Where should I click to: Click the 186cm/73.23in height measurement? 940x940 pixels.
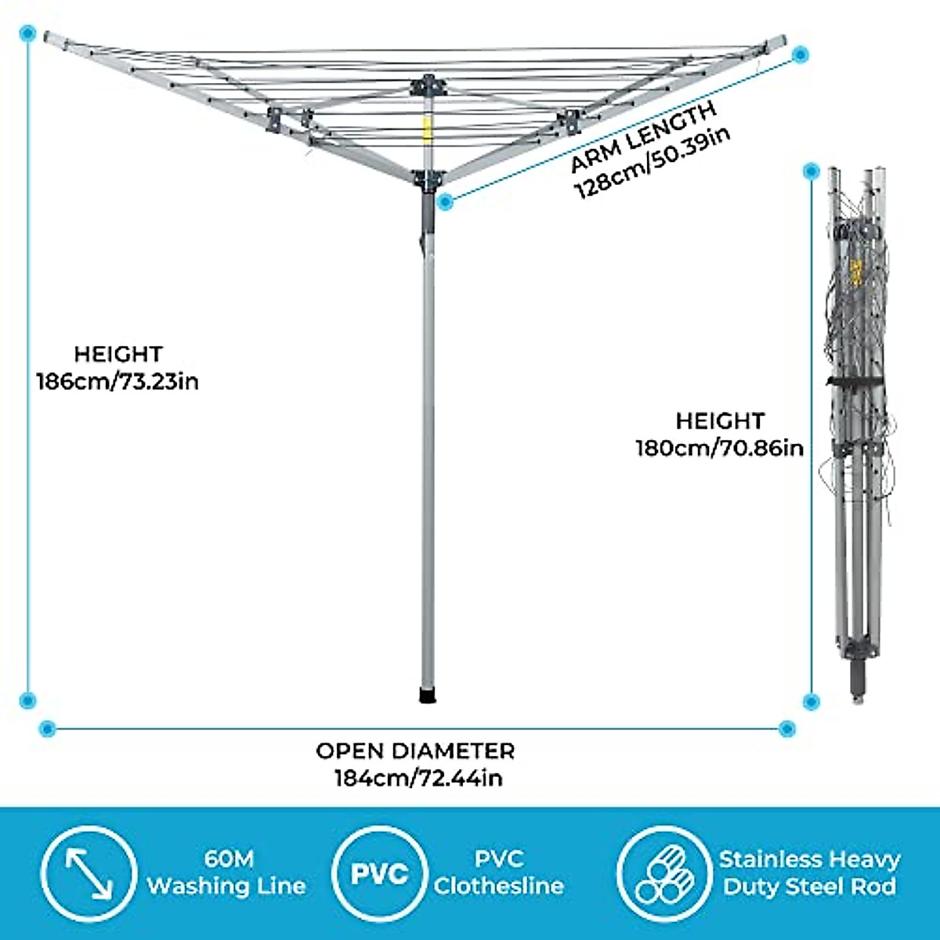[x=117, y=382]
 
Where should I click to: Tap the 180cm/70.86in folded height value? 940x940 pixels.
[x=719, y=448]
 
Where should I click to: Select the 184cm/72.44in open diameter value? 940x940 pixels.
[x=418, y=778]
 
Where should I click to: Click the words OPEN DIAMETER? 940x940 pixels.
[x=415, y=751]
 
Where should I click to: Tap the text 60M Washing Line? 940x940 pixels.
[x=227, y=873]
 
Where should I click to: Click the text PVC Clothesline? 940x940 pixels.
[x=499, y=873]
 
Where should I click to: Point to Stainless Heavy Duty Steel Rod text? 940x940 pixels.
[x=809, y=873]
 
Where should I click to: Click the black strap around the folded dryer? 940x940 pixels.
[x=856, y=381]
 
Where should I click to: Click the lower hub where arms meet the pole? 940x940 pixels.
[x=427, y=180]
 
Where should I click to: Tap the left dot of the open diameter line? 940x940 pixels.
[x=47, y=728]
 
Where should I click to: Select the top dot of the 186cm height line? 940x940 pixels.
[x=29, y=34]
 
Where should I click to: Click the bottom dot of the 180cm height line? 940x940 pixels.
[x=812, y=701]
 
